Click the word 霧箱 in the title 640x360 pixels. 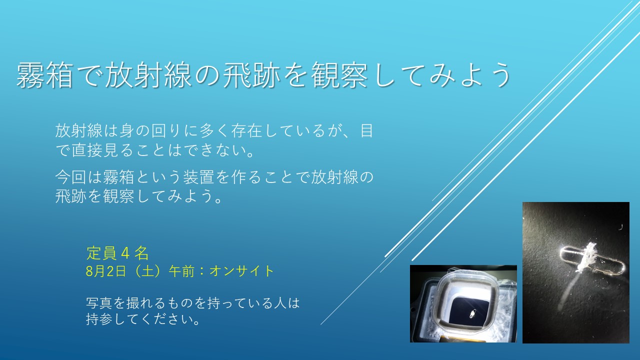pyautogui.click(x=44, y=75)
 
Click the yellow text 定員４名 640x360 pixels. pyautogui.click(x=117, y=253)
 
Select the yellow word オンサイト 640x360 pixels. pyautogui.click(x=241, y=271)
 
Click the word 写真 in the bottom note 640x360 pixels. pyautogui.click(x=98, y=303)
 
